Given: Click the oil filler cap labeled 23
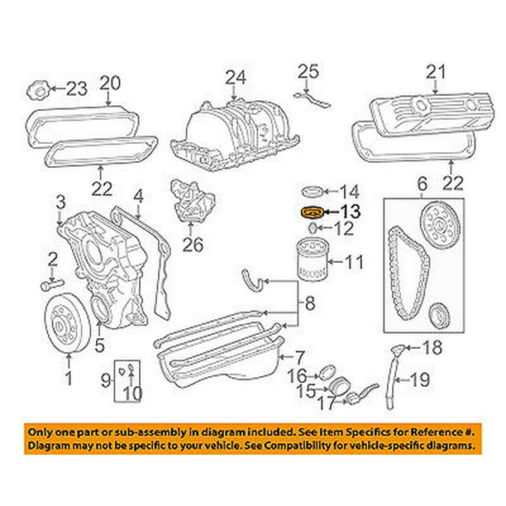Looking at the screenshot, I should [x=39, y=88].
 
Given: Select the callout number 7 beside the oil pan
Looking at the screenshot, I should [x=299, y=357].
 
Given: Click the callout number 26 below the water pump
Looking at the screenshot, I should [x=192, y=245].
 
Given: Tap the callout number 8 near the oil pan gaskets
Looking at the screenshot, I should [x=309, y=304].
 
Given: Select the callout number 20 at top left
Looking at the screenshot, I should [x=110, y=83].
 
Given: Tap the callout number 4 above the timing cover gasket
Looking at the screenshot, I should [x=139, y=198].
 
